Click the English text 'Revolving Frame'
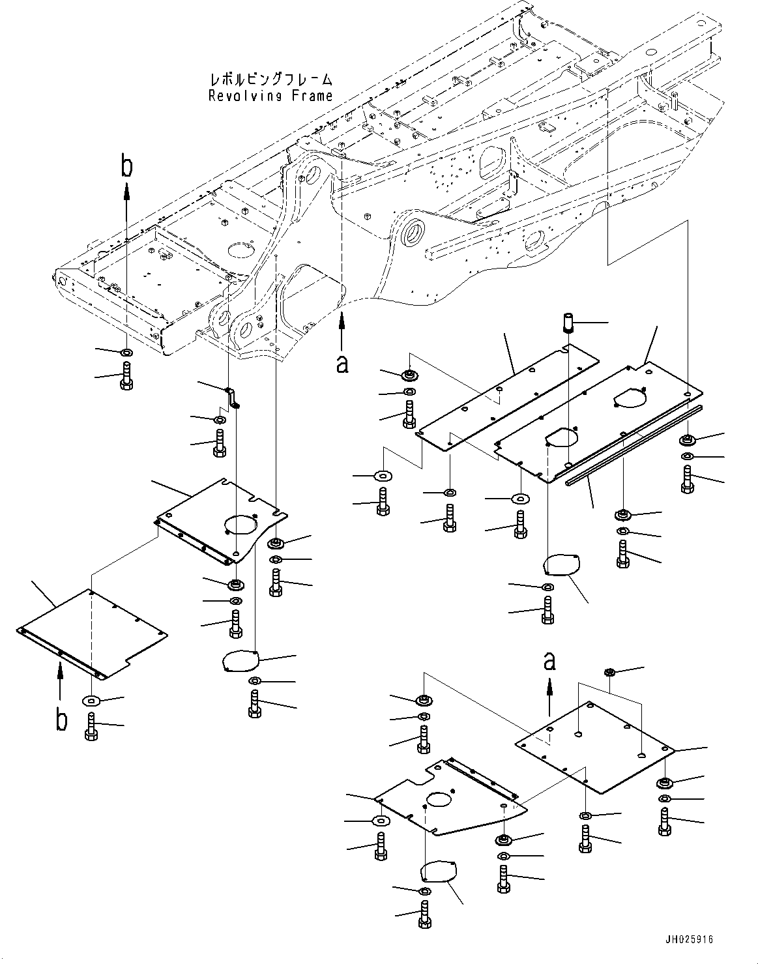point(270,96)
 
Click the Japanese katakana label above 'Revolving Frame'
point(270,80)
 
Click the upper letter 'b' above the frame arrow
point(126,166)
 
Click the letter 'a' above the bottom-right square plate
point(549,662)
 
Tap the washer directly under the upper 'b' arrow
point(126,353)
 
